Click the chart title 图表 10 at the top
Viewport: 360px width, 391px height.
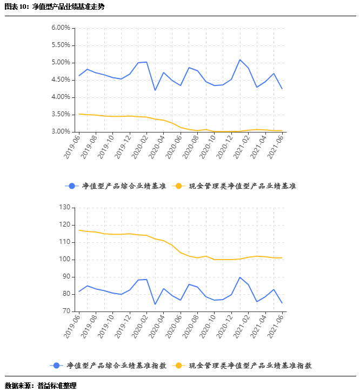coord(55,7)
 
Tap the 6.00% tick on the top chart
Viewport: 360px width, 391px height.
coord(61,28)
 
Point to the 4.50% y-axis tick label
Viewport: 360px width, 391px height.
coord(61,80)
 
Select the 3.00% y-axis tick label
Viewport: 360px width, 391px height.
coord(61,132)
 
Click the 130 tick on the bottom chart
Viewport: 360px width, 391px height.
coord(65,208)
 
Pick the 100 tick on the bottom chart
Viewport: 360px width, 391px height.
coord(65,260)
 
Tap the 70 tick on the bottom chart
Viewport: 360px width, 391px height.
coord(66,312)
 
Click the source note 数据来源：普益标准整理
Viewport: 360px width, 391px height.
coord(41,386)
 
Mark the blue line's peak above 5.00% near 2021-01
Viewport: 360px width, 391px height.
coord(240,59)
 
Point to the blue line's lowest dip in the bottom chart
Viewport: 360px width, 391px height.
coord(155,304)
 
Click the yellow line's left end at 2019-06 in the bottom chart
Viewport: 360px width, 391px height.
coord(79,230)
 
